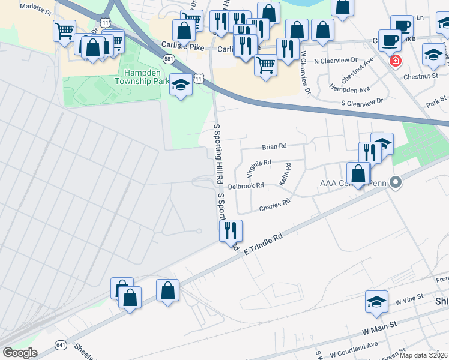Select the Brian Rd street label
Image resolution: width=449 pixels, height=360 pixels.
274,146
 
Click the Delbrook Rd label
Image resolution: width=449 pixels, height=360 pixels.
246,186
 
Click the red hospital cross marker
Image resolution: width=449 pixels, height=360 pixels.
396,61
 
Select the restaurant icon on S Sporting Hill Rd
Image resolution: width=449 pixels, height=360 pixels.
231,230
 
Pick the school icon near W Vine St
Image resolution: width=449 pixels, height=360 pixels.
376,301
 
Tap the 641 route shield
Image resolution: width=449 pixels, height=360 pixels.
61,344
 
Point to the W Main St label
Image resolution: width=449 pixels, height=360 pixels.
379,328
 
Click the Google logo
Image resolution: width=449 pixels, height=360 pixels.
20,353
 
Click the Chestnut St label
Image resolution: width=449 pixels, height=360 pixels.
421,76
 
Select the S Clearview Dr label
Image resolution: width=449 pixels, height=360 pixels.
362,103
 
